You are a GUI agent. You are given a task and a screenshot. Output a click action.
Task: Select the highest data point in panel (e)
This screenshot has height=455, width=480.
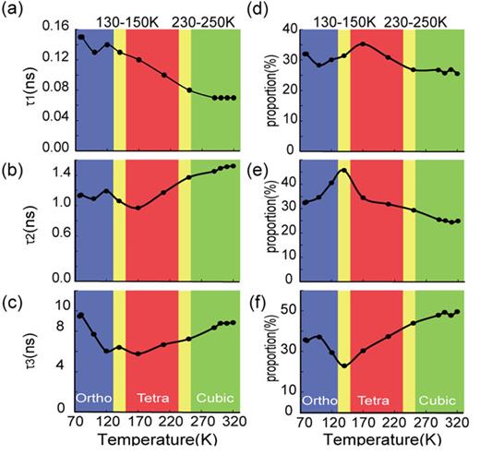coord(343,171)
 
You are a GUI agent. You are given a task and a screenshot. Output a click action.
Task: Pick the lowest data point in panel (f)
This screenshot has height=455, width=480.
coord(344,366)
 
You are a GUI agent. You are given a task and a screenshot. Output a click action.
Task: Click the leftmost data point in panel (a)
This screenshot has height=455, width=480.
coord(81,37)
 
